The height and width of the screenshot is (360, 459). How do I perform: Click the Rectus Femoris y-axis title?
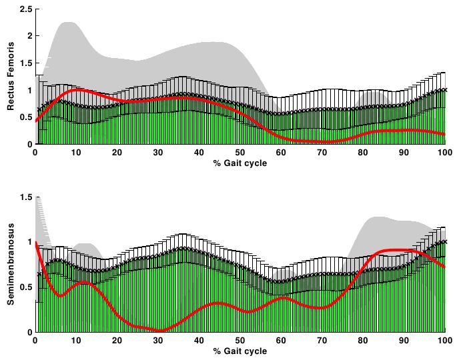coord(11,77)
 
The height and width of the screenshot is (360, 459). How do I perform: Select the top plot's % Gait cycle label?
coord(240,163)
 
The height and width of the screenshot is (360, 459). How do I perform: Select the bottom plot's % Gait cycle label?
coord(240,351)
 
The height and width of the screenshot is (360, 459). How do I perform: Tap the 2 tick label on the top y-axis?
coord(27,36)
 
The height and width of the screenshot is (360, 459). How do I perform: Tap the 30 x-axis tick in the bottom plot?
coord(159,341)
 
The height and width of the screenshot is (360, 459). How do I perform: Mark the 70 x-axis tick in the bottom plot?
coord(322,341)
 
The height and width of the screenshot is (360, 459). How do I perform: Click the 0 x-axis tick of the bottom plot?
coord(36,341)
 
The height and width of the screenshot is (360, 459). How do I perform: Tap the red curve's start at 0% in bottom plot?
coord(37,242)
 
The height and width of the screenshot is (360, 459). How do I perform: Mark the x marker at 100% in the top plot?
coord(444,90)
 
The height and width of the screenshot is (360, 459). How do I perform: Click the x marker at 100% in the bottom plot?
coord(444,241)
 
